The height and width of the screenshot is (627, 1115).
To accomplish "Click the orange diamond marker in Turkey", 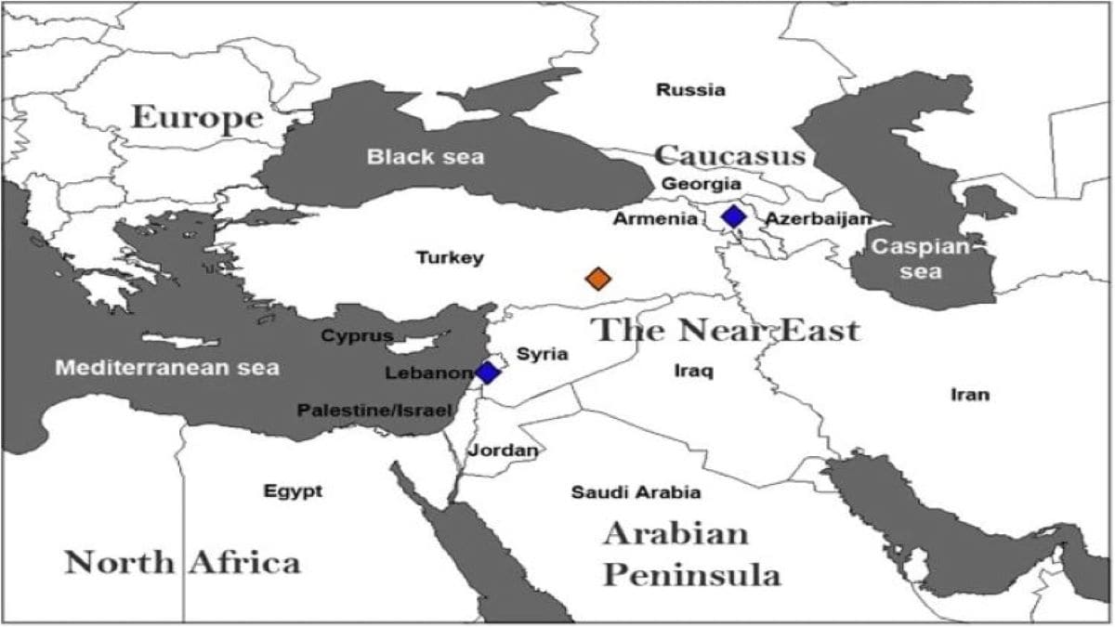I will (x=598, y=278).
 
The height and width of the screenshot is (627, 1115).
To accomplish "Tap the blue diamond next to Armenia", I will (x=734, y=216).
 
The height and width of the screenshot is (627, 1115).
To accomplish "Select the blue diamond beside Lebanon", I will (x=487, y=372).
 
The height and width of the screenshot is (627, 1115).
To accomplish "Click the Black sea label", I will (x=425, y=156).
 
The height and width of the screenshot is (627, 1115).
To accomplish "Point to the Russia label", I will (x=690, y=90).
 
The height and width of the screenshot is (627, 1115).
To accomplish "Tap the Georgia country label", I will (x=701, y=184).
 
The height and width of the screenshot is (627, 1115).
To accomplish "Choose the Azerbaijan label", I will (x=819, y=219).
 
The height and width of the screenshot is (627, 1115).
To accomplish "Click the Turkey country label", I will (x=450, y=257).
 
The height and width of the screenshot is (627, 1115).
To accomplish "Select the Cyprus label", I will (x=357, y=335).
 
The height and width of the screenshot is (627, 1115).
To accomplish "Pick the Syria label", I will (x=542, y=353).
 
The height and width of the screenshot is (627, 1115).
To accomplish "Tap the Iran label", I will (x=969, y=395).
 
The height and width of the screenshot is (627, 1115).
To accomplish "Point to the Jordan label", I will (x=503, y=451).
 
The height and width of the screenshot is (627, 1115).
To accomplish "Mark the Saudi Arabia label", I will (x=636, y=492).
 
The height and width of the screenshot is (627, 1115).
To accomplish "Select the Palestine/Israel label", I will (x=374, y=410).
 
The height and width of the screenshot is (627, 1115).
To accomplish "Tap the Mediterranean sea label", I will (x=167, y=368).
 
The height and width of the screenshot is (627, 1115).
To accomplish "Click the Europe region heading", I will (x=197, y=117).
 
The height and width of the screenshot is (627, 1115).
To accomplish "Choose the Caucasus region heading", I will (x=728, y=154).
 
